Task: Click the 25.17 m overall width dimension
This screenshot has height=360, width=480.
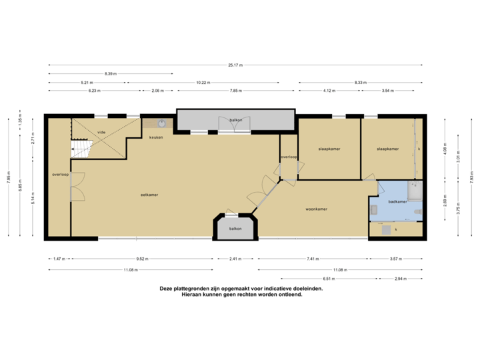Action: [x=235, y=65]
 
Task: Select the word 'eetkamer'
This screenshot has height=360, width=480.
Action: [x=139, y=195]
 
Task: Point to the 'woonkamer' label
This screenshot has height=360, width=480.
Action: [x=316, y=209]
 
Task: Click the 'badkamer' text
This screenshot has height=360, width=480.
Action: [x=397, y=201]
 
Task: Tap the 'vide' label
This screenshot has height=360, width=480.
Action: [x=101, y=132]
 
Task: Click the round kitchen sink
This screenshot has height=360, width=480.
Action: [x=162, y=123]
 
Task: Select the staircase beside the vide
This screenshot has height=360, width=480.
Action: [x=81, y=147]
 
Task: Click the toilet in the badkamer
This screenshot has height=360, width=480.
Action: [x=417, y=212]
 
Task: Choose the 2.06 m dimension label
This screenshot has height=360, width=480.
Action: [x=158, y=90]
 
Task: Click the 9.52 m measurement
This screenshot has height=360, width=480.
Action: [x=141, y=258]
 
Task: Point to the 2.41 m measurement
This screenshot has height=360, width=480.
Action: [x=235, y=258]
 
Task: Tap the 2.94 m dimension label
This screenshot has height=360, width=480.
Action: [x=400, y=278]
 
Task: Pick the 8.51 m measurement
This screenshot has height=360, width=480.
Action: [x=329, y=278]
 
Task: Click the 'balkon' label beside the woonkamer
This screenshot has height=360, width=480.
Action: [x=235, y=229]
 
